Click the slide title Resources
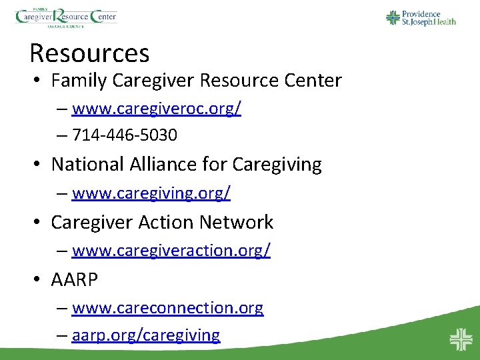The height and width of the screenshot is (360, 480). [89, 53]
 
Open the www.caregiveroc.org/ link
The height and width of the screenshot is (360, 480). [156, 109]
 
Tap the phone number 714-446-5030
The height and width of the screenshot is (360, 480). [125, 135]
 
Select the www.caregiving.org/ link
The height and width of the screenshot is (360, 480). [151, 193]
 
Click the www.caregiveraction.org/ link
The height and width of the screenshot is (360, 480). [171, 251]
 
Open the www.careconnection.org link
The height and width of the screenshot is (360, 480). [167, 308]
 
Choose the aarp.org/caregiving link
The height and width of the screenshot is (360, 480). [146, 335]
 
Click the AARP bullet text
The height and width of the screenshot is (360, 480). [75, 280]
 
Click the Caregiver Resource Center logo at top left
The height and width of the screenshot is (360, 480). [66, 16]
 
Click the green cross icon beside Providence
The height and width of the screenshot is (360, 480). [393, 17]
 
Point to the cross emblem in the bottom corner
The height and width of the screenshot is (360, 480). [460, 339]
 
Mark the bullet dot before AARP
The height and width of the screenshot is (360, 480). [39, 280]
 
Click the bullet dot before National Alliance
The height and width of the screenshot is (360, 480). [39, 164]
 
